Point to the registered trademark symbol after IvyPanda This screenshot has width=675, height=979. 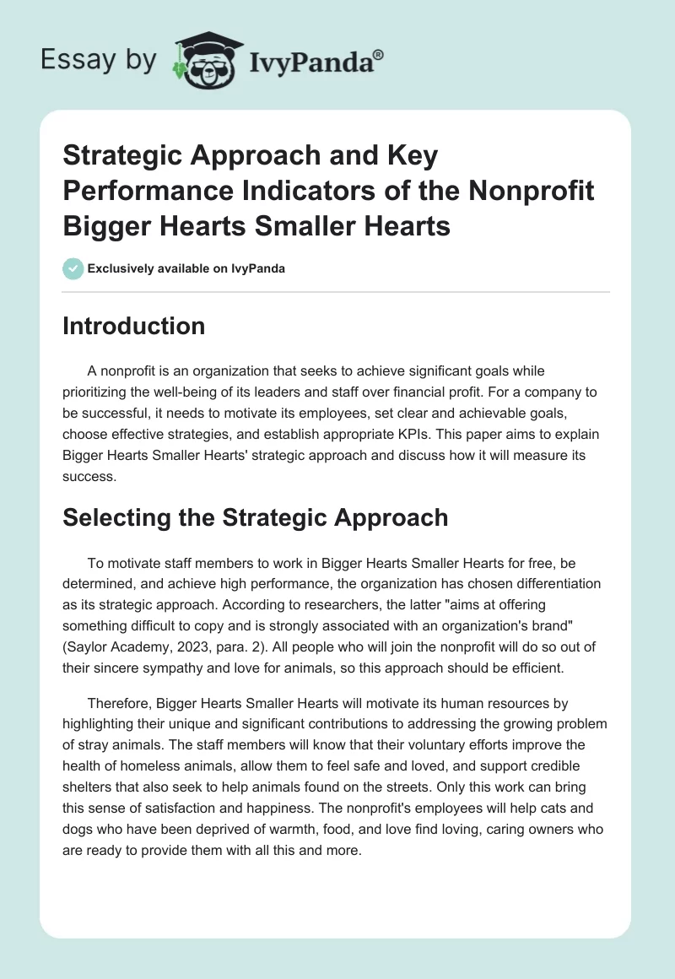coord(379,53)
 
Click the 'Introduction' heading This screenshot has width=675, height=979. coord(133,326)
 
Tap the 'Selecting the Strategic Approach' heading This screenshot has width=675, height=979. coord(255,517)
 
